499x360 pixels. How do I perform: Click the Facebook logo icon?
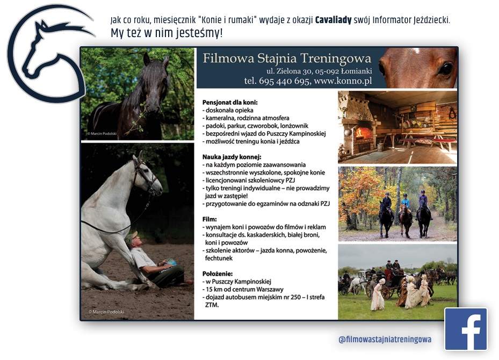pos(466,329)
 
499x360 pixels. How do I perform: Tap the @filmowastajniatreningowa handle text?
pos(385,339)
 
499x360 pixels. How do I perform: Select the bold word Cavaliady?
pos(333,20)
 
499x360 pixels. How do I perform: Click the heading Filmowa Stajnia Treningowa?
pos(287,58)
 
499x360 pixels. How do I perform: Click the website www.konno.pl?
pos(343,81)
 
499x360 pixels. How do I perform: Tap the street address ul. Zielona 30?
pos(290,71)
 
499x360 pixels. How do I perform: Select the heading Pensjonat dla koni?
pos(230,103)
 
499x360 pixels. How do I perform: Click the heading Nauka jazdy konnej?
pos(232,157)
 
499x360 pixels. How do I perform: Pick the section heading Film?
pos(209,219)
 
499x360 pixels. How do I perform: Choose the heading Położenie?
pos(218,273)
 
